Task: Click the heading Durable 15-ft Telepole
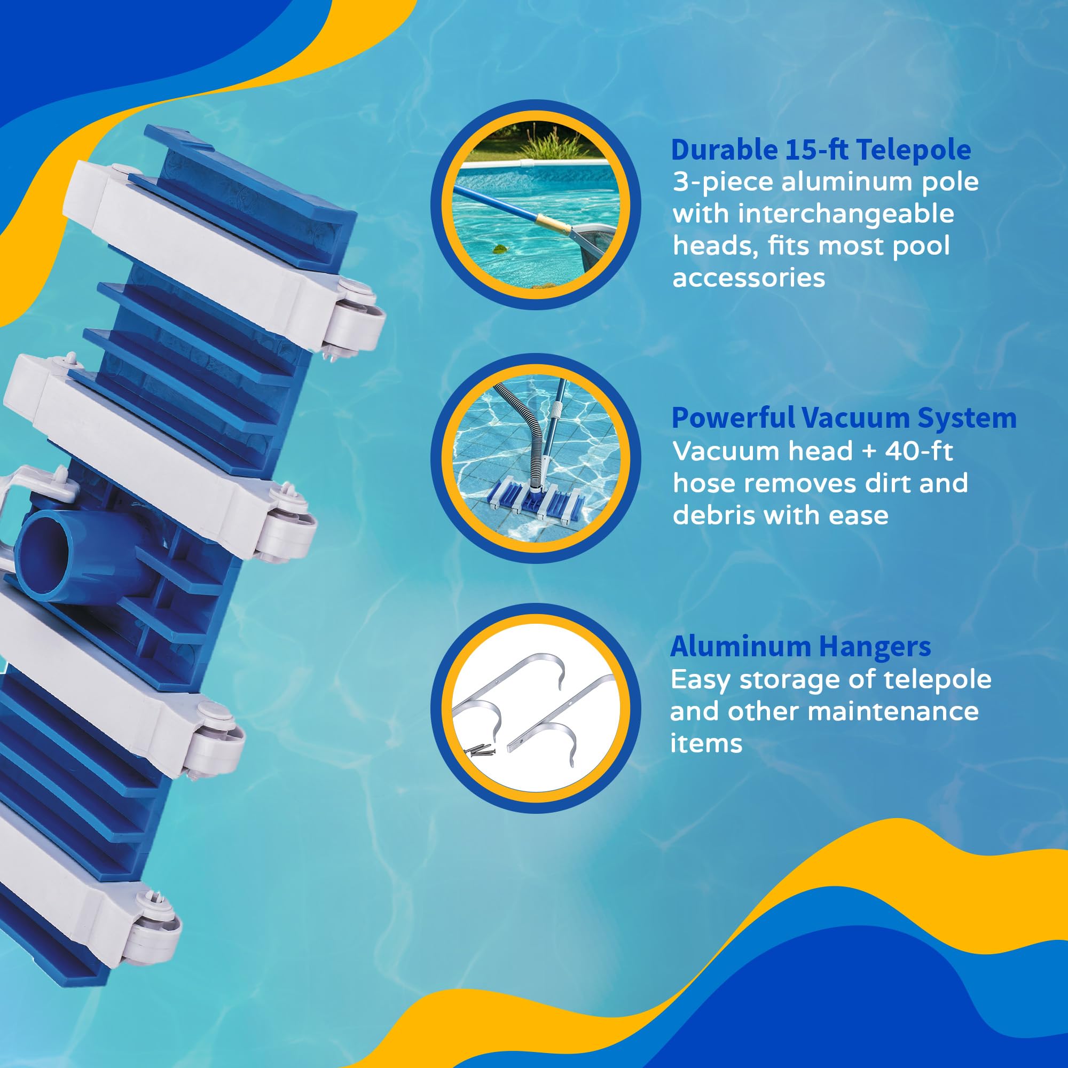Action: click(x=821, y=150)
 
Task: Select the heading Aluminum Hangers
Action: click(x=800, y=646)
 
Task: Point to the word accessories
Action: click(x=749, y=278)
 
